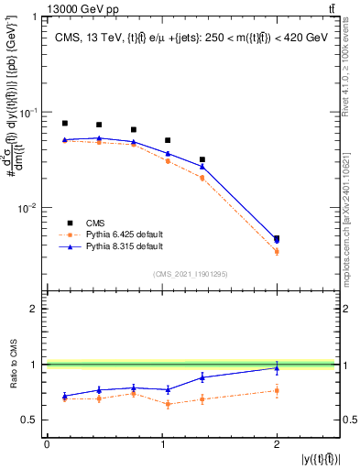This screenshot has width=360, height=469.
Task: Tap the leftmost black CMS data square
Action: click(x=65, y=123)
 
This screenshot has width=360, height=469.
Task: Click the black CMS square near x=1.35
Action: click(x=202, y=159)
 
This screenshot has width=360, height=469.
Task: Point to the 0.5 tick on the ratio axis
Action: click(x=32, y=420)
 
